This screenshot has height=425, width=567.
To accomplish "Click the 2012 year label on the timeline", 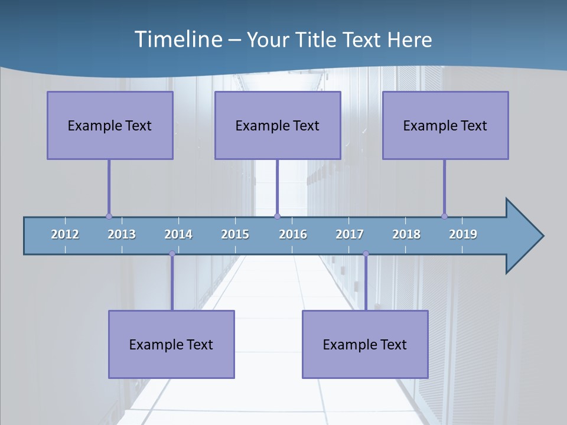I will (x=65, y=234).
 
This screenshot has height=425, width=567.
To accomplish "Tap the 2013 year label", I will (x=122, y=234).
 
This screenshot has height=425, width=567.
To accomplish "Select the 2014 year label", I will (x=178, y=234).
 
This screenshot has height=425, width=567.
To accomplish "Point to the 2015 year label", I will (x=235, y=234).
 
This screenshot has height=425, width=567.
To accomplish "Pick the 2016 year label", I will (x=293, y=234).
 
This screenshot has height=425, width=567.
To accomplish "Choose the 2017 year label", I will (x=350, y=234).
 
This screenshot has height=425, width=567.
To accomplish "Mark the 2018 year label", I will (x=406, y=234).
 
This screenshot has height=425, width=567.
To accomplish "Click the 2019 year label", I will (x=463, y=234).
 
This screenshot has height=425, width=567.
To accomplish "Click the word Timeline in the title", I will (x=177, y=39).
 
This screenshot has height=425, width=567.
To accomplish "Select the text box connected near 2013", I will (x=110, y=125).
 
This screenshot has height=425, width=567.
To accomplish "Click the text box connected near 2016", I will (x=278, y=125).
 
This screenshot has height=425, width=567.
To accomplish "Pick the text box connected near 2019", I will (x=445, y=125).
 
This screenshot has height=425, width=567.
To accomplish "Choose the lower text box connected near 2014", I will (x=171, y=344).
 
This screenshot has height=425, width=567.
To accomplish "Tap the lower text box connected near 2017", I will (x=365, y=344).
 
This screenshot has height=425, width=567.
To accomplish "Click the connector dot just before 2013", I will (x=109, y=216).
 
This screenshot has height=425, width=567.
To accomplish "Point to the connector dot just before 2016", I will (x=278, y=216).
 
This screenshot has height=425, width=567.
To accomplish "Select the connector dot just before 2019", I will (x=444, y=216).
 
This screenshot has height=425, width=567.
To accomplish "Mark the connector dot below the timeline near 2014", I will (x=172, y=254).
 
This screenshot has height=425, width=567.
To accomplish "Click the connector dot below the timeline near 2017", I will (x=366, y=254).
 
